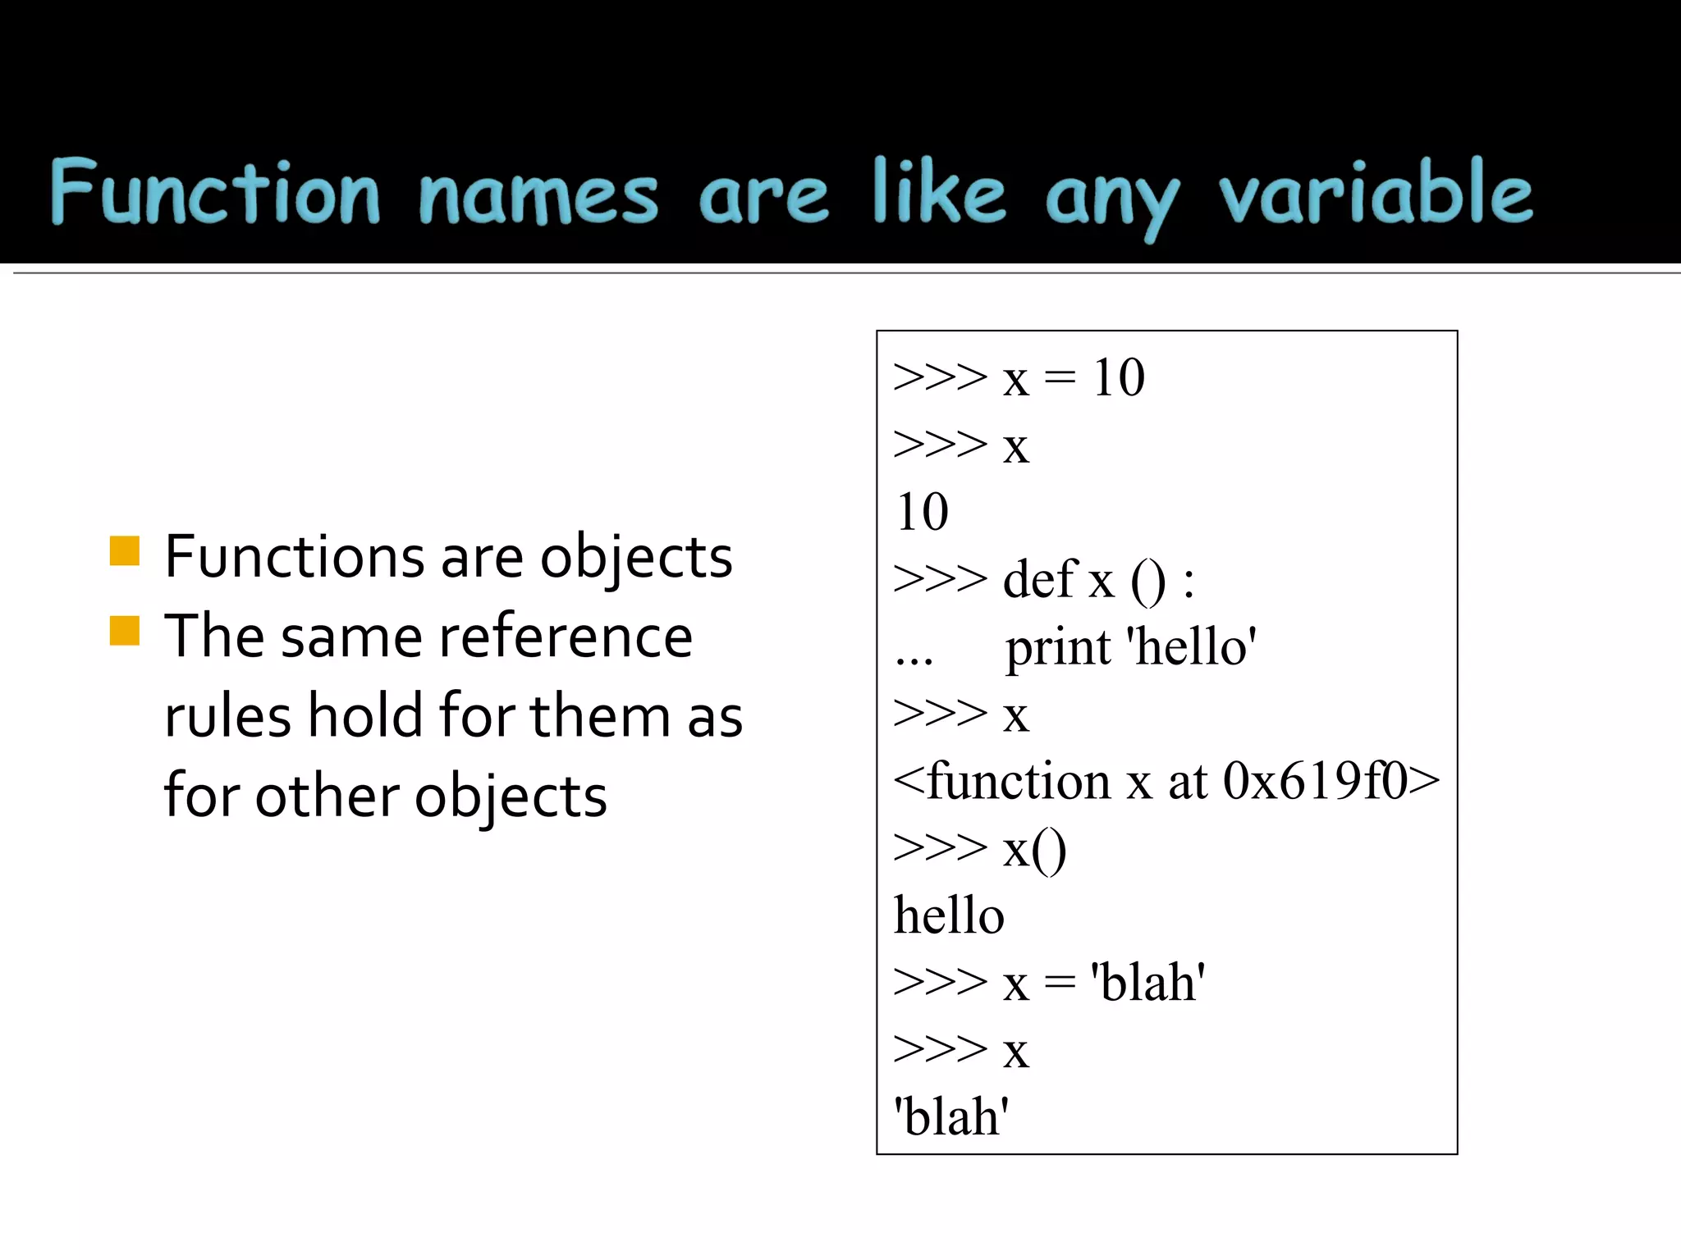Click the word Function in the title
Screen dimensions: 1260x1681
[215, 192]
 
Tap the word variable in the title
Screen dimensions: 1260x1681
[1376, 192]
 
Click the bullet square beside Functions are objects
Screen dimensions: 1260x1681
[125, 551]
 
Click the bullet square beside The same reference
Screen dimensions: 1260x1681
[125, 631]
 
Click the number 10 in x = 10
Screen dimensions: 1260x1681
[1118, 378]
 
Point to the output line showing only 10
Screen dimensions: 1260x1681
[923, 513]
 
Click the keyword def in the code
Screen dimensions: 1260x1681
[1040, 579]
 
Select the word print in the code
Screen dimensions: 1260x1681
[1058, 648]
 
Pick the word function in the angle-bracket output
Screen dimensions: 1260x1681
[1019, 781]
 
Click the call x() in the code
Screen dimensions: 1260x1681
[1034, 849]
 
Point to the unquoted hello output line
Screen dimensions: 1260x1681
[949, 915]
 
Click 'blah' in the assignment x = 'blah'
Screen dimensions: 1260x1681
[1147, 983]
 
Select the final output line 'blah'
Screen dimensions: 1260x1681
[951, 1117]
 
